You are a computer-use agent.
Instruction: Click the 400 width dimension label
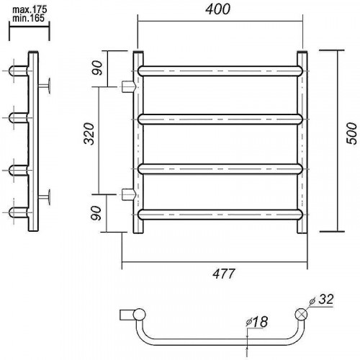(217, 9)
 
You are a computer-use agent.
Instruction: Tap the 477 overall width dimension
(224, 274)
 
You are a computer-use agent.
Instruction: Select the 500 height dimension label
(352, 133)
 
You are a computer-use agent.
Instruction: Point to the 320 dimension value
(89, 133)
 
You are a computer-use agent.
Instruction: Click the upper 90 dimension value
(97, 68)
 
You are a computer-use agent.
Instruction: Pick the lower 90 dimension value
(96, 213)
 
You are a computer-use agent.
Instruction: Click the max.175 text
(30, 10)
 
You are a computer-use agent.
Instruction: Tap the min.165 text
(28, 18)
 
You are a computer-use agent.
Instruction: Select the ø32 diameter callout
(322, 300)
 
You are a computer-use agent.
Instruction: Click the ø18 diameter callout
(256, 322)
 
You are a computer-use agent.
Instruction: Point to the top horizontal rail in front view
(220, 71)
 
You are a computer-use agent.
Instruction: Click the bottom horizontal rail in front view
(220, 215)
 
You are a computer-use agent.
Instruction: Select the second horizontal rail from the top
(220, 120)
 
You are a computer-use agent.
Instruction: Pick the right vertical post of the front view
(302, 142)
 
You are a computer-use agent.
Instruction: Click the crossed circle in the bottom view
(301, 314)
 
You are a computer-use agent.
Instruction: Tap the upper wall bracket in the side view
(45, 86)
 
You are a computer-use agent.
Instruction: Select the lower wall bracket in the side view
(45, 197)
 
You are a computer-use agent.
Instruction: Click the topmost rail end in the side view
(19, 71)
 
